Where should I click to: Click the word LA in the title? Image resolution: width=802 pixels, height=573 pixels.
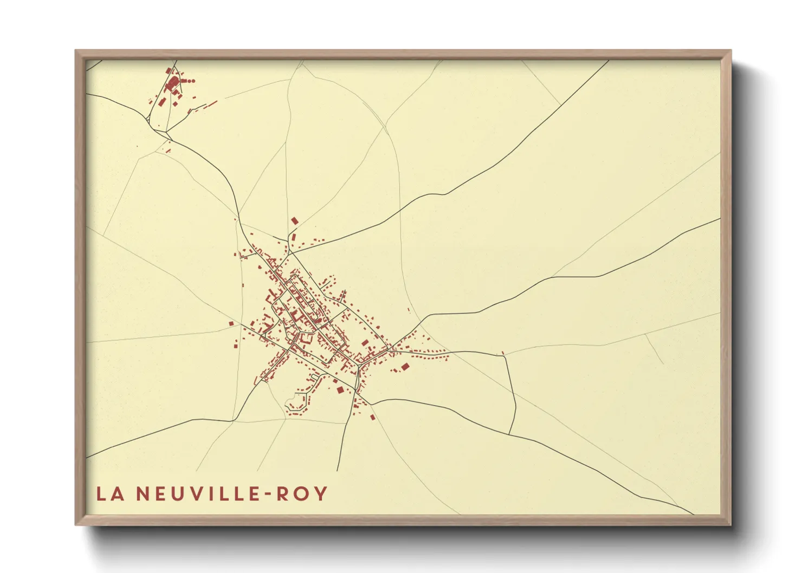pyautogui.click(x=108, y=493)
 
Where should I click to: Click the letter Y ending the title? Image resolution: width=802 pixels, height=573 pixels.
pyautogui.click(x=321, y=493)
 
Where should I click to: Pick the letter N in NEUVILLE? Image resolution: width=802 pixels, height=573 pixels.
pyautogui.click(x=142, y=493)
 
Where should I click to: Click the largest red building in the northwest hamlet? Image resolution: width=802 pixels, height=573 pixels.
pyautogui.click(x=173, y=83)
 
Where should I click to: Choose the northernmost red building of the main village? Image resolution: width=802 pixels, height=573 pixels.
pyautogui.click(x=294, y=220)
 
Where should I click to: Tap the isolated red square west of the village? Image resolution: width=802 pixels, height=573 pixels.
pyautogui.click(x=231, y=323)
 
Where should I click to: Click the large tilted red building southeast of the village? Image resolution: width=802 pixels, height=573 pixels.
pyautogui.click(x=405, y=367)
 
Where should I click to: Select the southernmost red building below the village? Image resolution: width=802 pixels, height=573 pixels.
pyautogui.click(x=372, y=416)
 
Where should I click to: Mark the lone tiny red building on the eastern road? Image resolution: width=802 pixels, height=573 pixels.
pyautogui.click(x=503, y=353)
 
